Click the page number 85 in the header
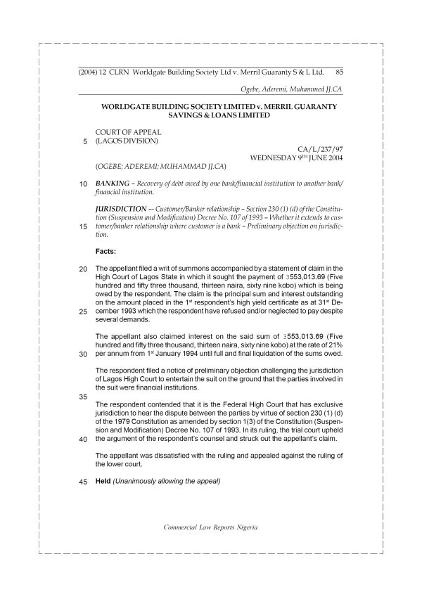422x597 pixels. coord(339,72)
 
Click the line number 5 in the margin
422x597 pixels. coord(84,141)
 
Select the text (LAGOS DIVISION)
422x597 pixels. coord(127,140)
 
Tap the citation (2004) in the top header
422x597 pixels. coord(87,72)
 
